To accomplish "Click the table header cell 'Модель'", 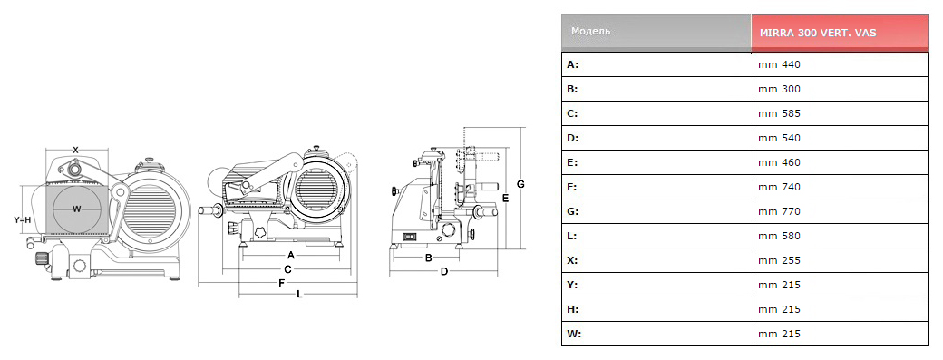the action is click(x=590, y=31).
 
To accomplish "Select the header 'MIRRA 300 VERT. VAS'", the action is click(x=818, y=33).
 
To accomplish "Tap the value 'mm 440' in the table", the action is click(x=780, y=64).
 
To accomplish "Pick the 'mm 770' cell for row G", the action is click(x=780, y=211).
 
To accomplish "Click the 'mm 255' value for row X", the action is click(x=780, y=260).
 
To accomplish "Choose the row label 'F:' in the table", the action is click(x=572, y=187).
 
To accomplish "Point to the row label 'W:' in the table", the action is click(x=574, y=334).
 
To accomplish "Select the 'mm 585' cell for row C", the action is click(x=780, y=113).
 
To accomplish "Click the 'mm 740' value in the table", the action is click(x=780, y=187).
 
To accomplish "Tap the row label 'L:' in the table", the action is click(x=572, y=236).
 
